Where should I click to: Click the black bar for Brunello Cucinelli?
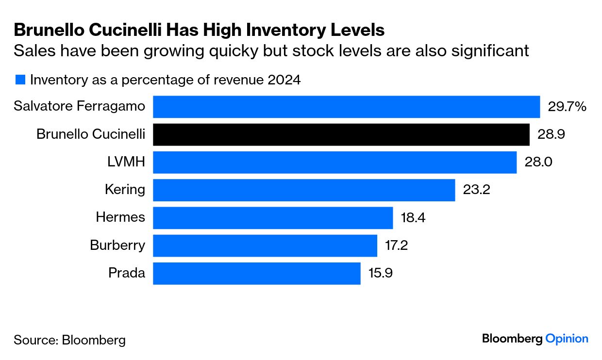341,134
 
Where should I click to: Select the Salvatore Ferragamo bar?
347,107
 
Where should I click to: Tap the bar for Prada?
257,273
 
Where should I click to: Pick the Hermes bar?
273,218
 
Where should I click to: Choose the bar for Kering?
304,190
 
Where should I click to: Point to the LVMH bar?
335,162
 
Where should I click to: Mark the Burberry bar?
265,245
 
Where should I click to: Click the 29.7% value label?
567,107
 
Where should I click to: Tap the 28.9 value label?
551,134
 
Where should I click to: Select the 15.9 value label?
380,273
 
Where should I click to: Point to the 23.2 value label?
476,190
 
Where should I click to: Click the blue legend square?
20,80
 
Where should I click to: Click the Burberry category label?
117,245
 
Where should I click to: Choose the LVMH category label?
126,162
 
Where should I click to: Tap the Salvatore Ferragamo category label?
79,106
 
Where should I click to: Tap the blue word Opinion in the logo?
567,339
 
